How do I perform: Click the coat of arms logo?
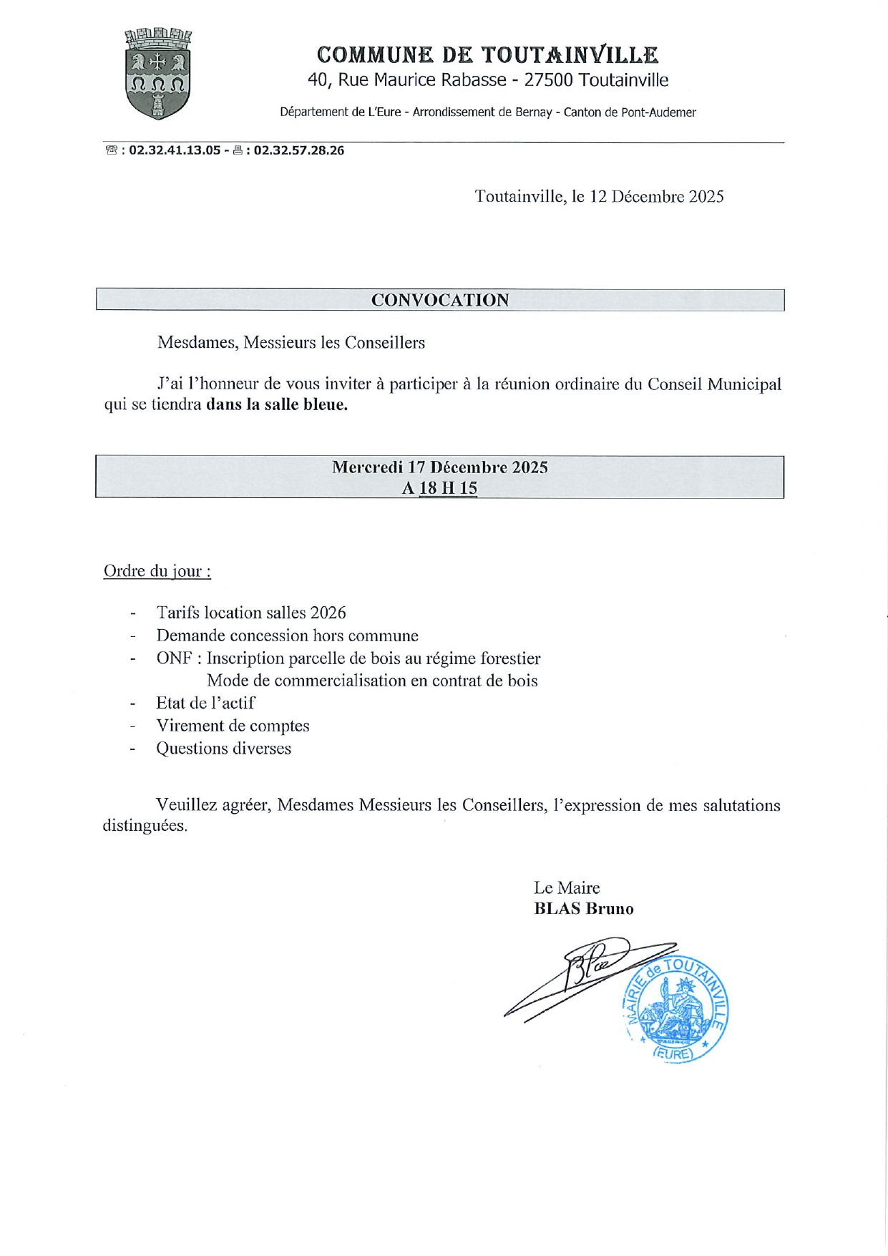click(158, 73)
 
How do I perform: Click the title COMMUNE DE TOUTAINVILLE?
click(487, 55)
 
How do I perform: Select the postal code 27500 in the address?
click(548, 80)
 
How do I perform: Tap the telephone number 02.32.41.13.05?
click(175, 151)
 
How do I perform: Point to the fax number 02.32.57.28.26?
click(298, 151)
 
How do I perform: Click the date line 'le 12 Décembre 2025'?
click(648, 197)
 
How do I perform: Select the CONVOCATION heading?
click(440, 301)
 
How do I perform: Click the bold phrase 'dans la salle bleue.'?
click(277, 405)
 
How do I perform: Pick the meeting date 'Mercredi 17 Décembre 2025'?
click(439, 467)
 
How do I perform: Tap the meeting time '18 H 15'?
click(448, 488)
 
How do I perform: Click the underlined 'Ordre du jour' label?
click(157, 571)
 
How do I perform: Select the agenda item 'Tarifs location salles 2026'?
click(251, 613)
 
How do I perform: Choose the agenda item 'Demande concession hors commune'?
click(288, 636)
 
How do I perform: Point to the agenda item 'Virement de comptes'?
click(233, 726)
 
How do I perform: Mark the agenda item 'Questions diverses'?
click(223, 749)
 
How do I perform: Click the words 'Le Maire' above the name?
click(567, 888)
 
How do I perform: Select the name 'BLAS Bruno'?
click(584, 909)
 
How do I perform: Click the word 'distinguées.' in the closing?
click(145, 826)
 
